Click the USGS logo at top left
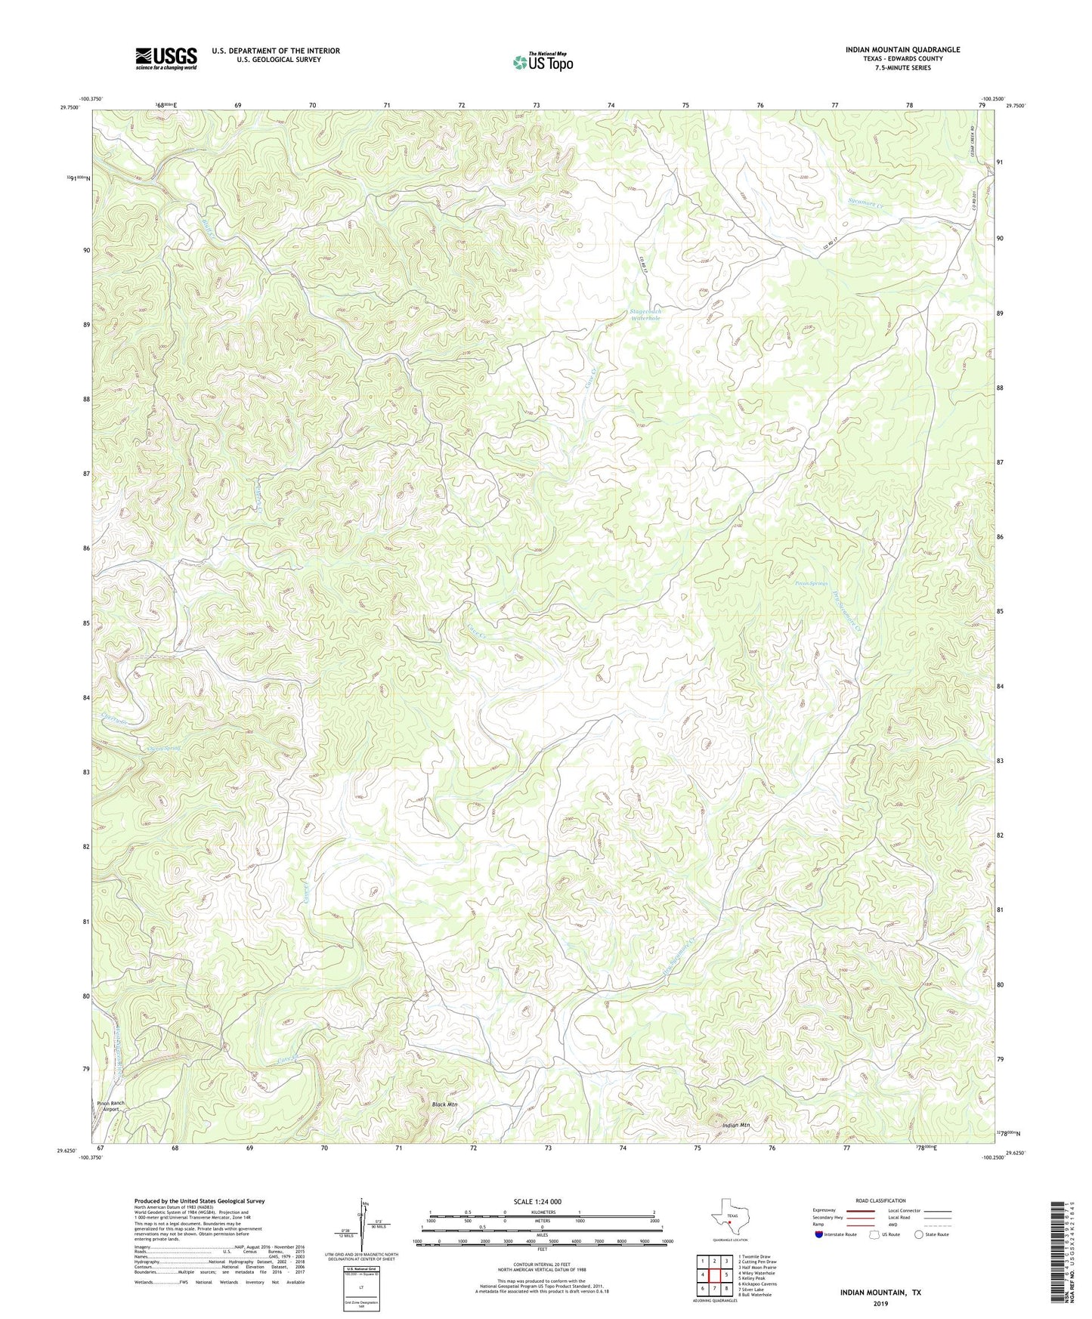(x=166, y=58)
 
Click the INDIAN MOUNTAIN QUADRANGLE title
(x=902, y=50)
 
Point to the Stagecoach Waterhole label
(x=645, y=315)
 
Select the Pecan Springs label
(x=812, y=583)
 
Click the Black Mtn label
(x=445, y=1104)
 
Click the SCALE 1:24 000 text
(x=537, y=1201)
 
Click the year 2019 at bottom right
(x=880, y=1304)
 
